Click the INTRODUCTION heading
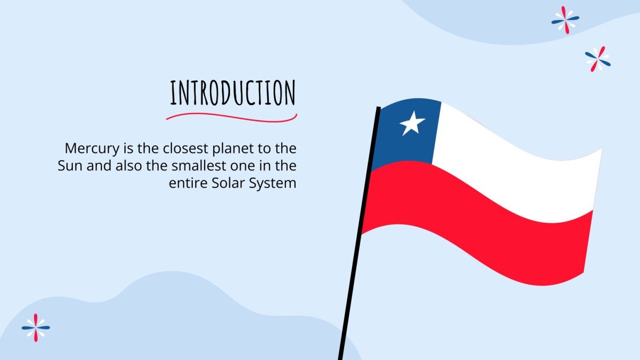point(233,94)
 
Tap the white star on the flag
point(412,123)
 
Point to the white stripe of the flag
point(517,167)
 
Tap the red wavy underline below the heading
point(232,116)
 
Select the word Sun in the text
point(70,166)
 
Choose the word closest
point(179,148)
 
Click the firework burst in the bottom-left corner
point(36,327)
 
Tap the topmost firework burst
point(565,20)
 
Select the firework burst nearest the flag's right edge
point(598,59)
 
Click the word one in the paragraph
point(254,166)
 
